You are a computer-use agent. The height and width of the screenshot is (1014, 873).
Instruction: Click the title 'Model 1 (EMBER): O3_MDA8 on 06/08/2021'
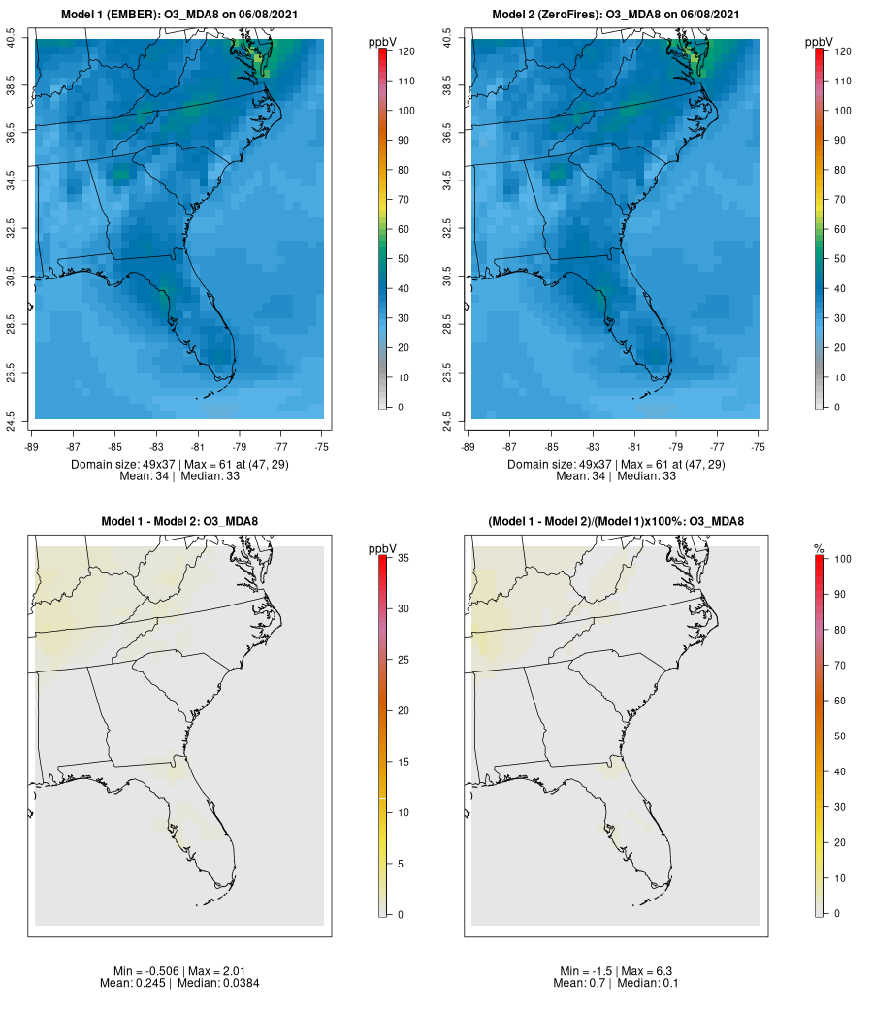(179, 15)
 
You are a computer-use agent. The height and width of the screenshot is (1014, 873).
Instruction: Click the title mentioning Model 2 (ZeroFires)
(616, 15)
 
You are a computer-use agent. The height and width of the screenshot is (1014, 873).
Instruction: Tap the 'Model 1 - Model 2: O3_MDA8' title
(179, 522)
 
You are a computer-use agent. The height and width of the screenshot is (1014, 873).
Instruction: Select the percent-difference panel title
(616, 522)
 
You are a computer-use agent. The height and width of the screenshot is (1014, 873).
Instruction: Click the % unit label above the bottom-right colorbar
(819, 549)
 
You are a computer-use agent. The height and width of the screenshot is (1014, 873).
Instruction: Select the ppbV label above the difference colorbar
(383, 549)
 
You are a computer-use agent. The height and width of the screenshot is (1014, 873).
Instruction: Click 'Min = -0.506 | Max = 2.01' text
(179, 971)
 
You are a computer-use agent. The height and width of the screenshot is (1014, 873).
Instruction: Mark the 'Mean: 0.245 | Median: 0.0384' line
(179, 983)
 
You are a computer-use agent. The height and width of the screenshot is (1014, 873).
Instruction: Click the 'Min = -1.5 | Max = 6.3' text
(616, 971)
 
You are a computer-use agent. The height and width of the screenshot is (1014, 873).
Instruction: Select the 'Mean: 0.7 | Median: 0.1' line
(616, 983)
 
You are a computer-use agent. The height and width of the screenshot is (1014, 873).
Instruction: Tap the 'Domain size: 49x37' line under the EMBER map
(179, 464)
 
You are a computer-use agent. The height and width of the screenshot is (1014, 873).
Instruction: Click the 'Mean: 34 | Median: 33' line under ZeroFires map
(616, 475)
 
